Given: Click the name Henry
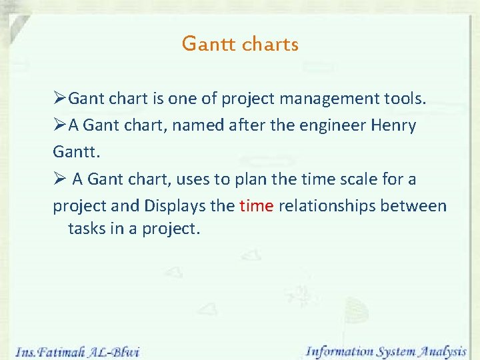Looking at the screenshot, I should click(x=393, y=126).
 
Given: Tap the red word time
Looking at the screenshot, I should click(x=256, y=206).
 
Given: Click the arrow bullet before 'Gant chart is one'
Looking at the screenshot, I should click(x=60, y=99).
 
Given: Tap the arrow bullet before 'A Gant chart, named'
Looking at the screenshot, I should click(x=60, y=126).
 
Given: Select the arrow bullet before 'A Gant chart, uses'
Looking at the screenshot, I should click(x=60, y=179).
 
